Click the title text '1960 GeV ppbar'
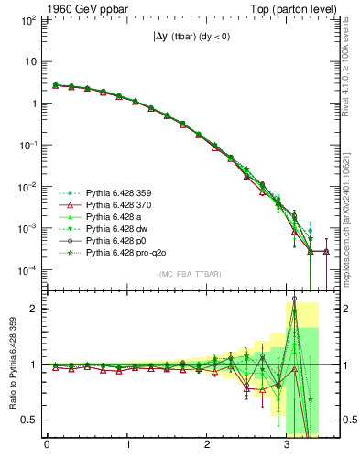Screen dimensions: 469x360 [x=78, y=7]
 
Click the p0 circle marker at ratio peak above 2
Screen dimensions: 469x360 [x=294, y=299]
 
